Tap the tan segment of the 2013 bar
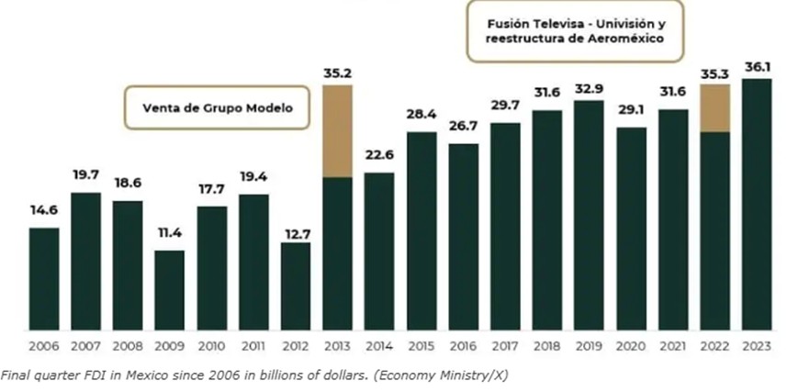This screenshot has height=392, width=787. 337,130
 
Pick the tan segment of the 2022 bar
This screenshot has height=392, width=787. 714,107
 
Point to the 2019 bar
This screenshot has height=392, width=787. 589,215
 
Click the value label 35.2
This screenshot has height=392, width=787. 337,72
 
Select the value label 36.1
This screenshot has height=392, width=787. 757,65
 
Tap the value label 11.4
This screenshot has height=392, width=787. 169,237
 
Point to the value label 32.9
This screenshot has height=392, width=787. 589,87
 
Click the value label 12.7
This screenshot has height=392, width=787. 296,229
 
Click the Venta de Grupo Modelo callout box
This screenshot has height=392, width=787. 217,107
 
